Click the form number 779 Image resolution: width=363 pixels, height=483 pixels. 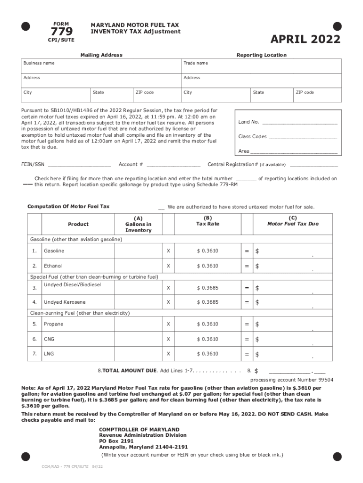point(61,32)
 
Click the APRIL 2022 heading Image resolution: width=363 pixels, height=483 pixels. point(305,40)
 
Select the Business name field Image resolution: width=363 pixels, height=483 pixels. point(101,66)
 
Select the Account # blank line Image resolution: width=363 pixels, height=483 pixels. point(173,165)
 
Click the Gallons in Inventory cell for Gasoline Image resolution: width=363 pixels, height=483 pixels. point(138,251)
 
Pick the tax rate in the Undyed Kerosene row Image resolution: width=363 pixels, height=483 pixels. point(207,302)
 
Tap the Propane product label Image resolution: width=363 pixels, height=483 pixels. point(53,324)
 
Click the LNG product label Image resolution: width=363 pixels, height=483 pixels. point(49,354)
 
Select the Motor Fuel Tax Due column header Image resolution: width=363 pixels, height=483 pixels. point(293,224)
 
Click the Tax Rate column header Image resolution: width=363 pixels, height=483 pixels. point(207,224)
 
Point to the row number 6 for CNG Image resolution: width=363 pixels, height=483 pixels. point(34,339)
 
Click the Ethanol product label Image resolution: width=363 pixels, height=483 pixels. point(53,266)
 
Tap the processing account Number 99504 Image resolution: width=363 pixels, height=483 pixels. point(291,380)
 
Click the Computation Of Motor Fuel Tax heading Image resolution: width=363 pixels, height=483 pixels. point(68,207)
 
